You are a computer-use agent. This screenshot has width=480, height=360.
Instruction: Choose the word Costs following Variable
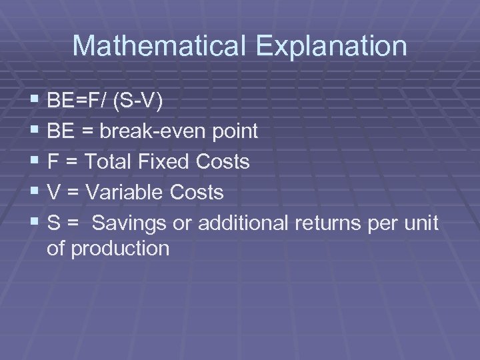(196, 192)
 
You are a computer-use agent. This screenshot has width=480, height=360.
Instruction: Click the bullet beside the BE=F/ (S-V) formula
(35, 101)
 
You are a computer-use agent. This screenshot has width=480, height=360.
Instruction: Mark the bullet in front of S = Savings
(35, 223)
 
